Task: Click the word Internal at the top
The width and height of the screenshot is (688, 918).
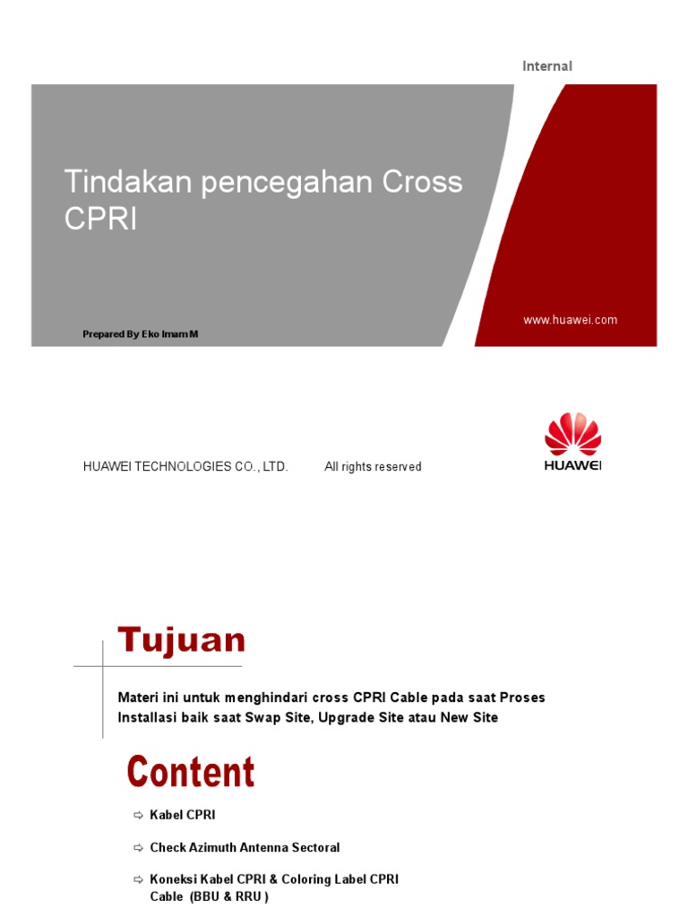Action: pyautogui.click(x=547, y=65)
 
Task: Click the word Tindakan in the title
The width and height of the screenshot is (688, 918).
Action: pyautogui.click(x=129, y=182)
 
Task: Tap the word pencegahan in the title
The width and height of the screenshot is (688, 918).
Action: pyautogui.click(x=288, y=182)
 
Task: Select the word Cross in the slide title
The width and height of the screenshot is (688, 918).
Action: pyautogui.click(x=423, y=182)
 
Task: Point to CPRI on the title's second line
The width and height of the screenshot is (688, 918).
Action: pyautogui.click(x=100, y=219)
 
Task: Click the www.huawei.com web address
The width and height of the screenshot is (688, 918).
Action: pyautogui.click(x=570, y=320)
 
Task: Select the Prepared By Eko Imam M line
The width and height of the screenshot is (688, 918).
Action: pyautogui.click(x=141, y=334)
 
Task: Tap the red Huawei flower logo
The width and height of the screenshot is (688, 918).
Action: pyautogui.click(x=572, y=435)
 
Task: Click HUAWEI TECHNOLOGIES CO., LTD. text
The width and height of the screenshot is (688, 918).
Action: pyautogui.click(x=185, y=467)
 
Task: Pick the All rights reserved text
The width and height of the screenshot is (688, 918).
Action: pyautogui.click(x=373, y=467)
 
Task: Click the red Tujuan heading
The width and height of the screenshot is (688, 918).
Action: pyautogui.click(x=182, y=641)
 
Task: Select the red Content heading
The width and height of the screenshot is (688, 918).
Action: pyautogui.click(x=191, y=772)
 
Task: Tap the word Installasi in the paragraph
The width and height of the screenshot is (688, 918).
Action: pyautogui.click(x=148, y=717)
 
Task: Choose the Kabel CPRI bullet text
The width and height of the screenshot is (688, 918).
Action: pyautogui.click(x=183, y=815)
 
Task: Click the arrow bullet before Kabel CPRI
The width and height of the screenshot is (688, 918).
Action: pyautogui.click(x=138, y=815)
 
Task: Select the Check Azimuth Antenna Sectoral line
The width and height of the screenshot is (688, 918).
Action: pyautogui.click(x=245, y=847)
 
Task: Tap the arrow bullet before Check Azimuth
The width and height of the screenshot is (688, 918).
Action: pyautogui.click(x=138, y=847)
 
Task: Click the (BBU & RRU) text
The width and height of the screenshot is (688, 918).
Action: pyautogui.click(x=228, y=896)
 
